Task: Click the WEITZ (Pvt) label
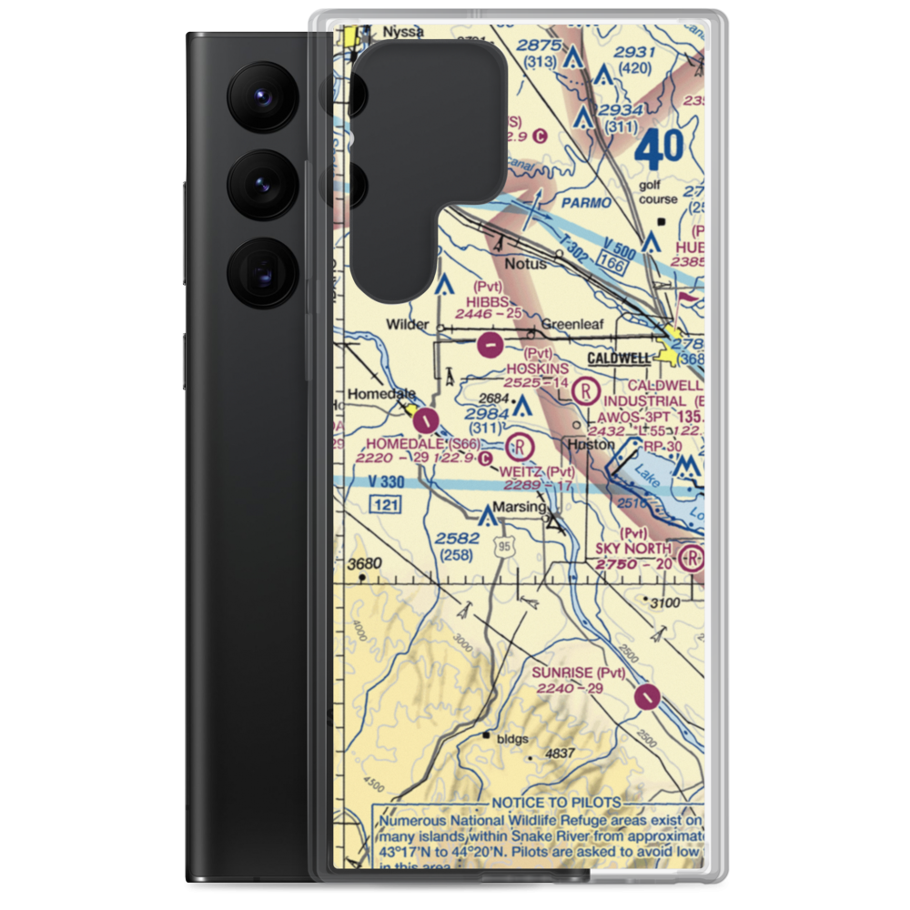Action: [537, 471]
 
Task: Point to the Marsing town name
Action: [520, 507]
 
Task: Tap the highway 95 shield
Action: [502, 544]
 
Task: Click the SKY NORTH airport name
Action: [633, 549]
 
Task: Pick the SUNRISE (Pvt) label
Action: [580, 672]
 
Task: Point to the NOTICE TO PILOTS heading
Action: [555, 803]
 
